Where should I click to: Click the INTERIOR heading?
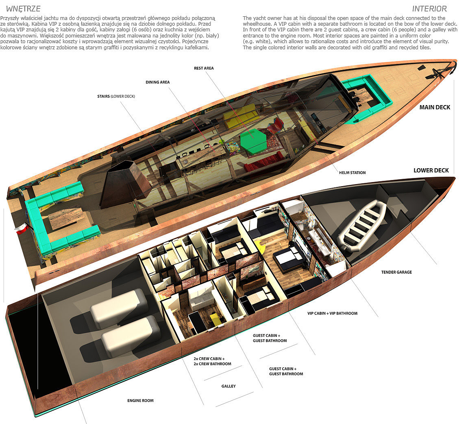[429, 9]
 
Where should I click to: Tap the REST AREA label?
[204, 68]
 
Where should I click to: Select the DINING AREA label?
[158, 82]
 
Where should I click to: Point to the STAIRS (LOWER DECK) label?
[116, 97]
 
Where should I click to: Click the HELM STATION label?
[352, 173]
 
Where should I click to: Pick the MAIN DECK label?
[435, 108]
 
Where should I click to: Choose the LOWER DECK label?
[431, 170]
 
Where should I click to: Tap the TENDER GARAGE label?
[396, 272]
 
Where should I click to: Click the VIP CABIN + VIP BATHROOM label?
[332, 313]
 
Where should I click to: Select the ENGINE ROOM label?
[140, 401]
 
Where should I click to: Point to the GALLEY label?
[228, 386]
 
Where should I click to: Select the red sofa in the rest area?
[263, 162]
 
